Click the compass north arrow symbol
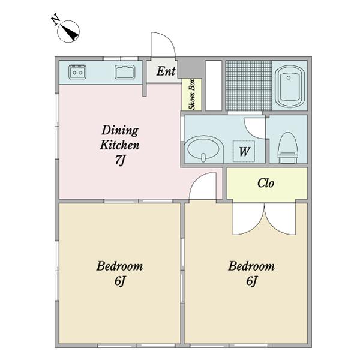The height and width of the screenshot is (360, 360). tap(68, 31)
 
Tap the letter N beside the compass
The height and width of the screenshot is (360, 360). tap(55, 19)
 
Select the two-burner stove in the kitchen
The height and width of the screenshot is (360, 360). tap(77, 72)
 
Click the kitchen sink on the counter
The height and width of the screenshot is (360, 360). tap(125, 72)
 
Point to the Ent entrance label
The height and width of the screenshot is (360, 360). tap(166, 71)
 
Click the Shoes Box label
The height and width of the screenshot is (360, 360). tap(192, 94)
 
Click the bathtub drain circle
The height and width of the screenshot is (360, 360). tap(289, 78)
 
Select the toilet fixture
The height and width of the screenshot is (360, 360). tap(287, 148)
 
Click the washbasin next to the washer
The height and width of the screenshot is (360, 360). tap(204, 149)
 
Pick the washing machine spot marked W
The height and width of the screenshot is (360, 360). tap(244, 151)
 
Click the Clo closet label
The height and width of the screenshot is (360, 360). tap(266, 183)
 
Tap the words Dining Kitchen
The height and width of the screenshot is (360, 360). tap(119, 138)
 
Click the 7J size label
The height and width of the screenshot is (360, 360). tap(120, 160)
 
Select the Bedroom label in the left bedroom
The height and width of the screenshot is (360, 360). tap(119, 266)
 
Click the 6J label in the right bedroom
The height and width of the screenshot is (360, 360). tap(251, 281)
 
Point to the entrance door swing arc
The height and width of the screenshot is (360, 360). tap(169, 40)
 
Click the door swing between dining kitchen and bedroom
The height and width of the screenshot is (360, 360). tap(197, 179)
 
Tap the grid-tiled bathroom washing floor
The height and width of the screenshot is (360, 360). tap(248, 86)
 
